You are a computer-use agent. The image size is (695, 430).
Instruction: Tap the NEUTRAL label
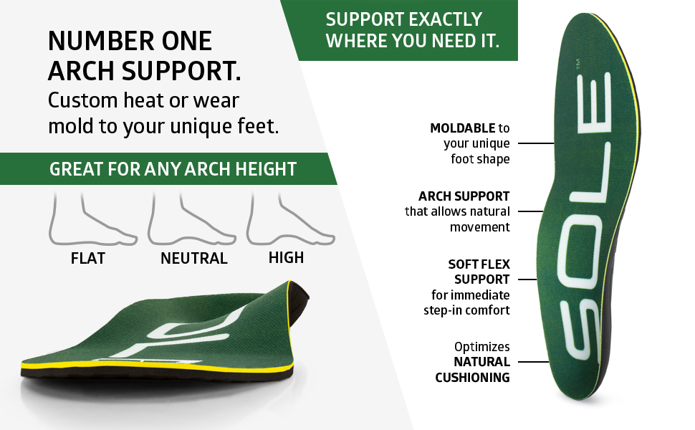coord(193,258)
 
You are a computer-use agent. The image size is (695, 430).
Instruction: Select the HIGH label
coord(286,257)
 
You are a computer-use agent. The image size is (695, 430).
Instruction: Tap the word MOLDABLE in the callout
coord(462,128)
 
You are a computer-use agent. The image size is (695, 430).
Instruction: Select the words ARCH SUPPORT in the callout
coord(464,196)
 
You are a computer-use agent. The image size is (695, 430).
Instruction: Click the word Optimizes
coord(482,346)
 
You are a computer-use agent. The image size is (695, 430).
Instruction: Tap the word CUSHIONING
coord(472,377)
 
